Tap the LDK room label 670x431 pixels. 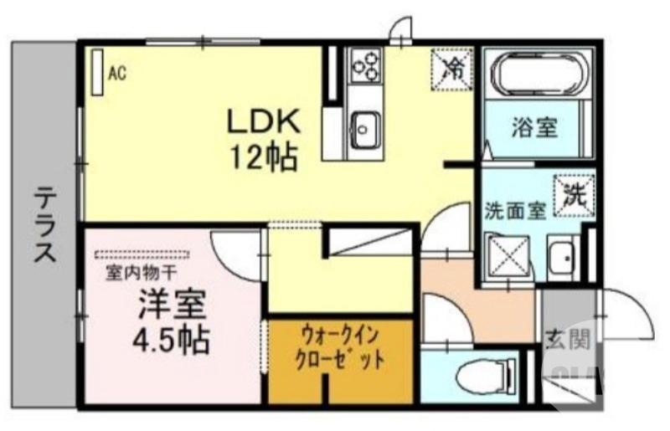coord(265,122)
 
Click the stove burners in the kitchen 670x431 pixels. coord(365,64)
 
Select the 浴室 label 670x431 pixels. coord(535,129)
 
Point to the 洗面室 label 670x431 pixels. coord(516,211)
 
